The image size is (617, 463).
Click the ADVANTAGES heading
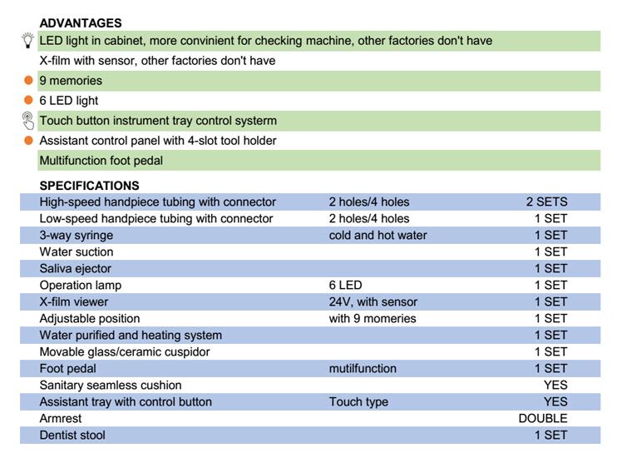[81, 23]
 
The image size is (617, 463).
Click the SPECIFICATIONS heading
[89, 186]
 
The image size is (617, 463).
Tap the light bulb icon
[28, 40]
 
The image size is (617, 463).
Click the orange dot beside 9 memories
[28, 81]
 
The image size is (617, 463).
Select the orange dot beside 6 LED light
[28, 101]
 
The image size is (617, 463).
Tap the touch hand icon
[28, 121]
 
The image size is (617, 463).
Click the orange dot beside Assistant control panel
[28, 141]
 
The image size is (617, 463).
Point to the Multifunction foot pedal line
[101, 161]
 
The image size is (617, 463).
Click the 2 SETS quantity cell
[546, 202]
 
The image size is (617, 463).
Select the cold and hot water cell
[378, 236]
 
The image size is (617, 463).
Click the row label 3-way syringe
[76, 236]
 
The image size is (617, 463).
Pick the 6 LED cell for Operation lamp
[345, 286]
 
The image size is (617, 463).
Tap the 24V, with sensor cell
[373, 302]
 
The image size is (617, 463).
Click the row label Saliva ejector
[75, 269]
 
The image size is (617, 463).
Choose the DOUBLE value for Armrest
[542, 419]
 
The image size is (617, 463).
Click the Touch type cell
[358, 402]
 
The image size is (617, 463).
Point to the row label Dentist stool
[72, 436]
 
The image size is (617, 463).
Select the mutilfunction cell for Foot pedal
[363, 369]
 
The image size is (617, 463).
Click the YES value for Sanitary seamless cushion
[555, 386]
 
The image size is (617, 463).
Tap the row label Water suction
[76, 252]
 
